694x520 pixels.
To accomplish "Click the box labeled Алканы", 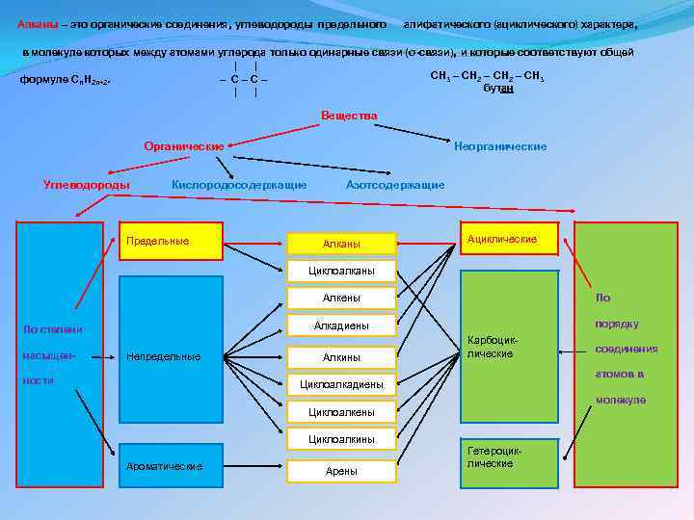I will (341, 244).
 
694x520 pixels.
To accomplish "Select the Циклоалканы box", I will (341, 271).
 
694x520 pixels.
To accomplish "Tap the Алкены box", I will (341, 299).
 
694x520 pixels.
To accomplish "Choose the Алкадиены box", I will (341, 325).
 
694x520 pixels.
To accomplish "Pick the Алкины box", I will (341, 357).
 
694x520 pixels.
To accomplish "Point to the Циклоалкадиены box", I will (341, 384).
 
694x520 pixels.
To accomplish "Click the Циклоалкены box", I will (341, 412).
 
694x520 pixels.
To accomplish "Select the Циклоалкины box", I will (341, 439).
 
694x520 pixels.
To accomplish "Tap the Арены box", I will (341, 471).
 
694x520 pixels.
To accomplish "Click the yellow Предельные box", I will (170, 241).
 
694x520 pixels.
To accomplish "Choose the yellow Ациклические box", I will (510, 239).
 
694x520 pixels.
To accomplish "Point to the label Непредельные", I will (164, 356).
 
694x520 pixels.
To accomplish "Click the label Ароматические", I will (165, 466).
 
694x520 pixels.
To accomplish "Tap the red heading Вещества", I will (349, 116).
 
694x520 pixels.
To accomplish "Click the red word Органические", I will (183, 146).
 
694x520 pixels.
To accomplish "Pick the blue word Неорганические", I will (500, 146).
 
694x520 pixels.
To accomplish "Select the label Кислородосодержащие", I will (239, 184).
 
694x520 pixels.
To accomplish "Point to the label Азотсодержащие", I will (395, 184).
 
